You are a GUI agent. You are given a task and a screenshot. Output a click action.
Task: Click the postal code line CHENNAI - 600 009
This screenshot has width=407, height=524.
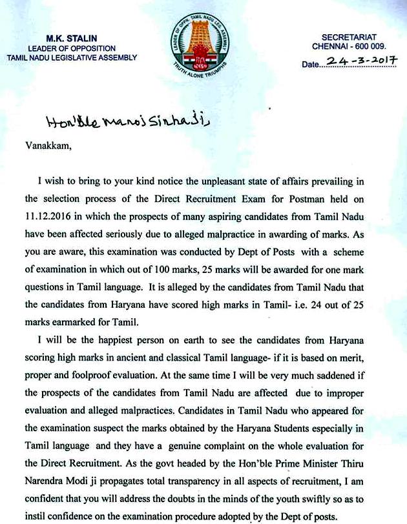[349, 46]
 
